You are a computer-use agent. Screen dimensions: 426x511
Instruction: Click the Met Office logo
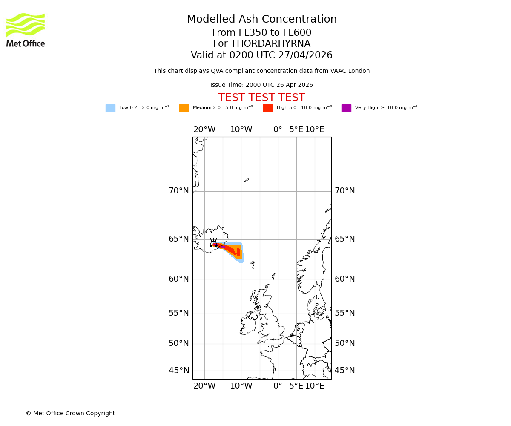pyautogui.click(x=26, y=30)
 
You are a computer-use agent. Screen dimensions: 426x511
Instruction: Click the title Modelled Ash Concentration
pyautogui.click(x=261, y=20)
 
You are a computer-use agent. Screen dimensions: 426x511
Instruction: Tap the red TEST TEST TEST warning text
pyautogui.click(x=261, y=98)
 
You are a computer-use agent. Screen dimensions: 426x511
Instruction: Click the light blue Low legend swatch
pyautogui.click(x=110, y=108)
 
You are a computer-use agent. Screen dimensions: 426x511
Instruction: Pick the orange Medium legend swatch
pyautogui.click(x=184, y=108)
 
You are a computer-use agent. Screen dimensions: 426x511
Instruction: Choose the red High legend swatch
pyautogui.click(x=268, y=108)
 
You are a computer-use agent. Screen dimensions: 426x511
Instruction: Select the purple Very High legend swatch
pyautogui.click(x=346, y=108)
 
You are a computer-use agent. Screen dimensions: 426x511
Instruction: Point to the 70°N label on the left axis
pyautogui.click(x=179, y=191)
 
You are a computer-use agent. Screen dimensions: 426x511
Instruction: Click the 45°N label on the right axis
pyautogui.click(x=344, y=371)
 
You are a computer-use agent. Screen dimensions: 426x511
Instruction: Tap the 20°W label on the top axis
pyautogui.click(x=204, y=130)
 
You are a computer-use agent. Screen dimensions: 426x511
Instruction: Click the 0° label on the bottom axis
pyautogui.click(x=278, y=386)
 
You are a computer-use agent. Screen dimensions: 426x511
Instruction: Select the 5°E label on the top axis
pyautogui.click(x=296, y=130)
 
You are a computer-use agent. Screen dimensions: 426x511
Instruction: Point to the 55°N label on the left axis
pyautogui.click(x=179, y=313)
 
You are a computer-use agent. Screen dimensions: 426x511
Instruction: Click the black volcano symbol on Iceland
pyautogui.click(x=213, y=242)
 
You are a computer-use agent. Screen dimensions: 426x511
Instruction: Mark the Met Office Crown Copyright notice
pyautogui.click(x=70, y=413)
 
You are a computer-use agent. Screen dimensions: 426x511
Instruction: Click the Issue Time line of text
pyautogui.click(x=261, y=85)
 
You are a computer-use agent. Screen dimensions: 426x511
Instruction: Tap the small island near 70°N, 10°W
pyautogui.click(x=247, y=180)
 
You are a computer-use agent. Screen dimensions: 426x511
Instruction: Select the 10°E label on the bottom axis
pyautogui.click(x=315, y=386)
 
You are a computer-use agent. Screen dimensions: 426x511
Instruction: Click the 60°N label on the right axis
pyautogui.click(x=344, y=279)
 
